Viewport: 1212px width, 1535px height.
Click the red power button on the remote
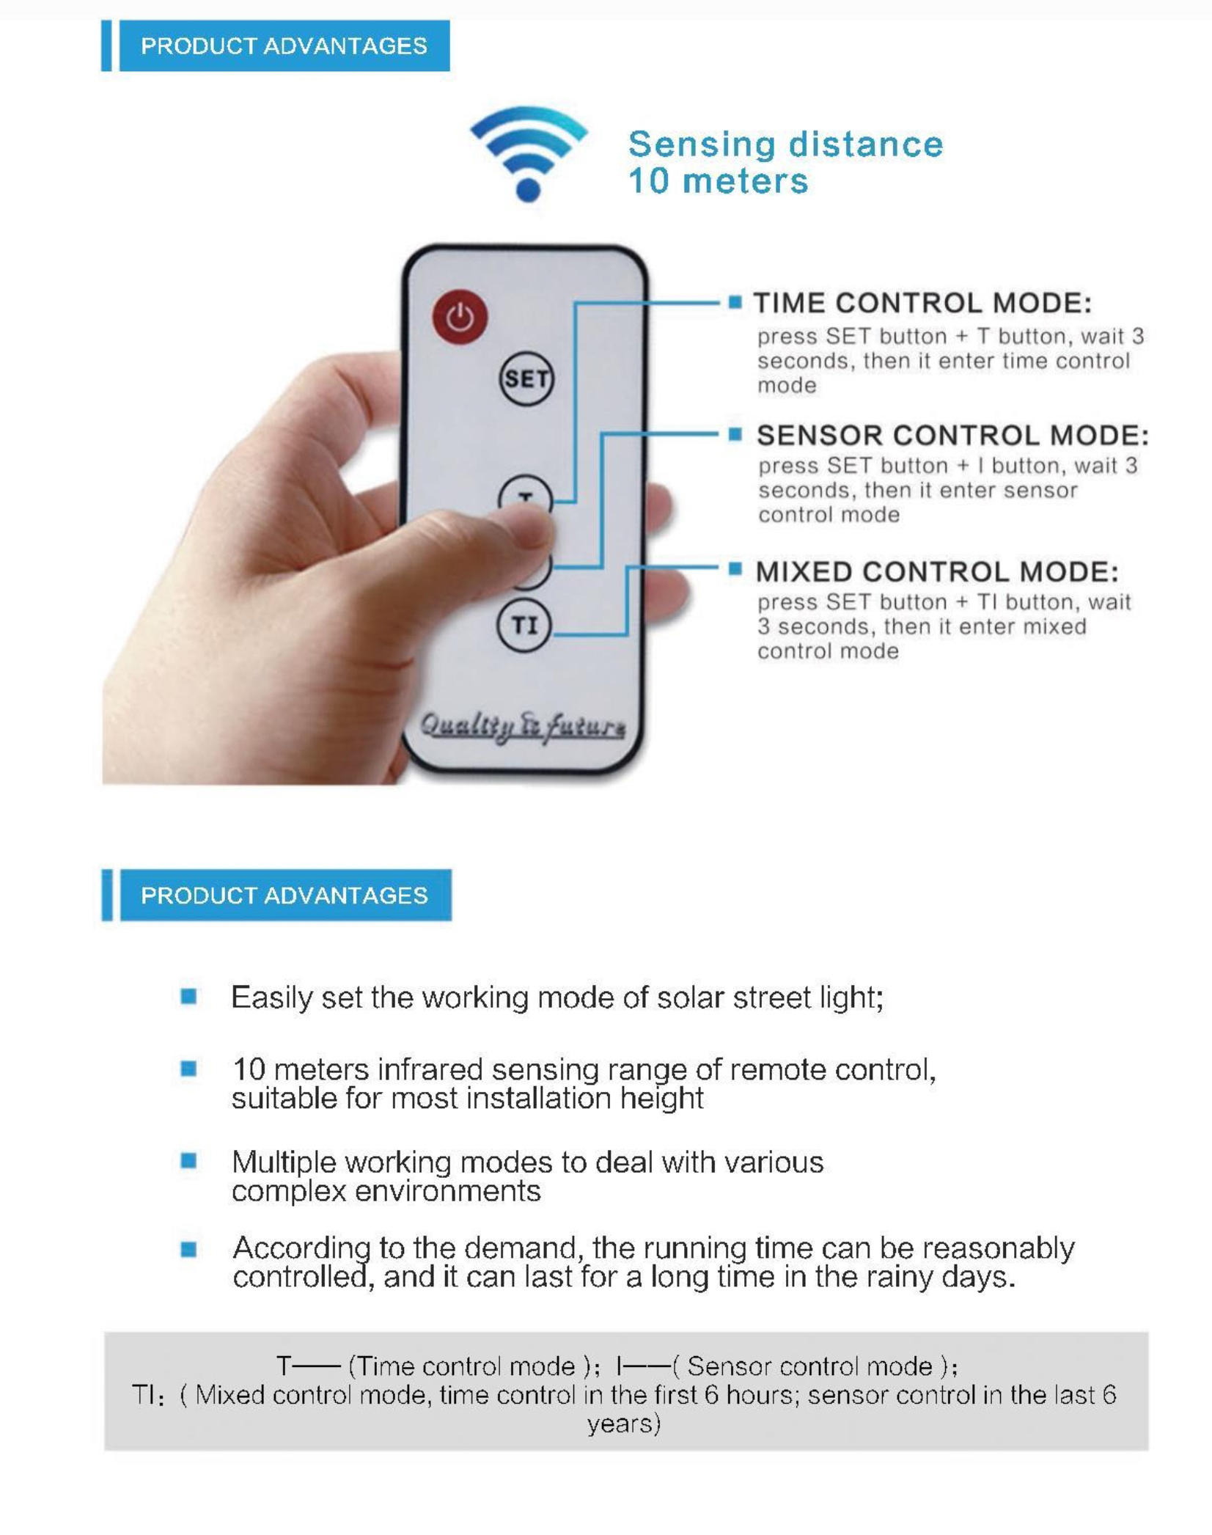pyautogui.click(x=460, y=318)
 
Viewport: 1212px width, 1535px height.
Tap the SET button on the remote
pyautogui.click(x=526, y=379)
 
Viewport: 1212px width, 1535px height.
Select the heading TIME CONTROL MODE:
pyautogui.click(x=922, y=303)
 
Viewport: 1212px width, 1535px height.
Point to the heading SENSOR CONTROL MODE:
pyautogui.click(x=952, y=435)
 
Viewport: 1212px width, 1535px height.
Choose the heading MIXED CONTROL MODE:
pyautogui.click(x=936, y=571)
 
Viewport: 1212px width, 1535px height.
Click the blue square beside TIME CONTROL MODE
pyautogui.click(x=735, y=302)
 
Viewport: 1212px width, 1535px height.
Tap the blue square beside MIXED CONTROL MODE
pyautogui.click(x=735, y=569)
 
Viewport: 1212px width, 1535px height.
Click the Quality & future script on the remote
pyautogui.click(x=523, y=726)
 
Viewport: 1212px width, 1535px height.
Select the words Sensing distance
pyautogui.click(x=785, y=144)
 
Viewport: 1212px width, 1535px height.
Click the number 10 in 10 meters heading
pyautogui.click(x=648, y=181)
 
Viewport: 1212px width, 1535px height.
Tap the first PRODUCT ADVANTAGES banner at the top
pyautogui.click(x=284, y=46)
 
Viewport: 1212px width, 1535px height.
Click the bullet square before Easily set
pyautogui.click(x=188, y=996)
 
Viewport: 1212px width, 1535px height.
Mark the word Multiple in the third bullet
pyautogui.click(x=283, y=1162)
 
